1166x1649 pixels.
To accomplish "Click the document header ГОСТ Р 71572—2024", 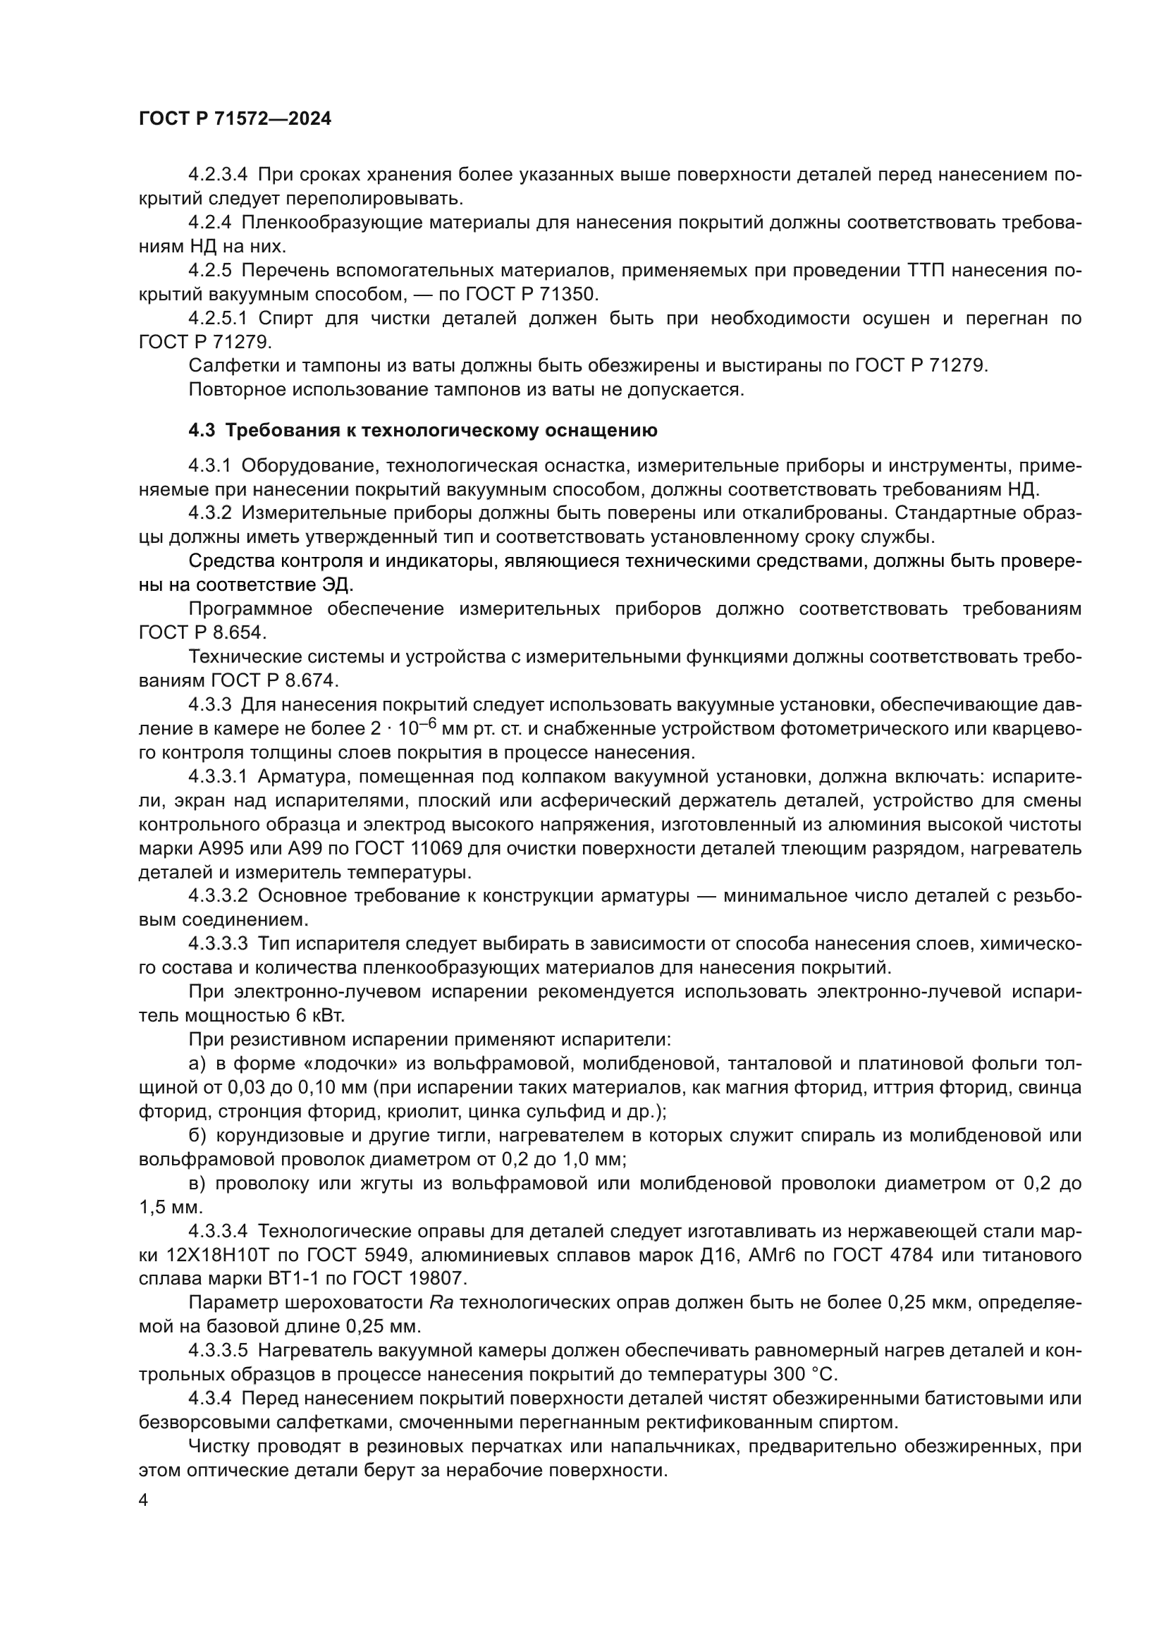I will [235, 119].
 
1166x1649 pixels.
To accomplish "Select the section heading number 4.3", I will [202, 430].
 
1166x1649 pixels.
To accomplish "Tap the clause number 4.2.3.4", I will [218, 175].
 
